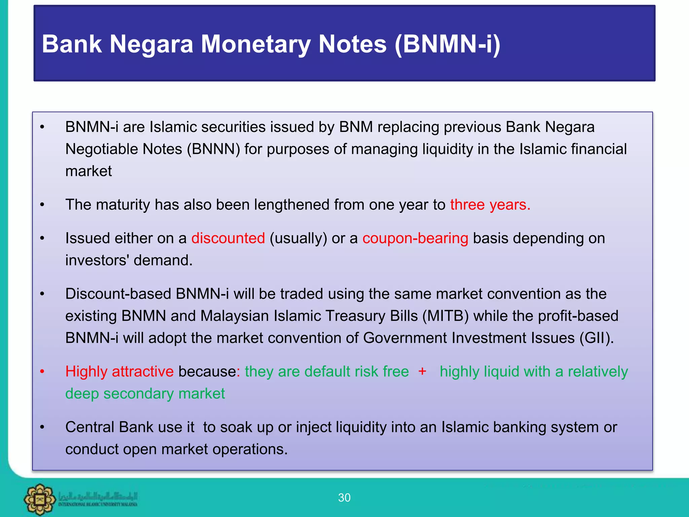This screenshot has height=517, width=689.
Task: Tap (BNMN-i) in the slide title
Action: [x=447, y=44]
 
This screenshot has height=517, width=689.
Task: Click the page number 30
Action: [x=344, y=497]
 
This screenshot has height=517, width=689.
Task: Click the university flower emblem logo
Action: [x=40, y=499]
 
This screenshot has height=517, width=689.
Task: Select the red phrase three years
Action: [x=490, y=205]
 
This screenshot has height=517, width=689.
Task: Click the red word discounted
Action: [x=228, y=238]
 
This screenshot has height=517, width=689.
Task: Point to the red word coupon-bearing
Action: [x=415, y=238]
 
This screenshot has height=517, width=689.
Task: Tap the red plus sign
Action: [x=422, y=371]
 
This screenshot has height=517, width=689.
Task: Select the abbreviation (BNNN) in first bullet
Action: [x=213, y=149]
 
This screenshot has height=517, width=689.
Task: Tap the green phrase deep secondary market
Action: [x=145, y=394]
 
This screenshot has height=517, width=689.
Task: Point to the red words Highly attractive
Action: [x=119, y=372]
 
